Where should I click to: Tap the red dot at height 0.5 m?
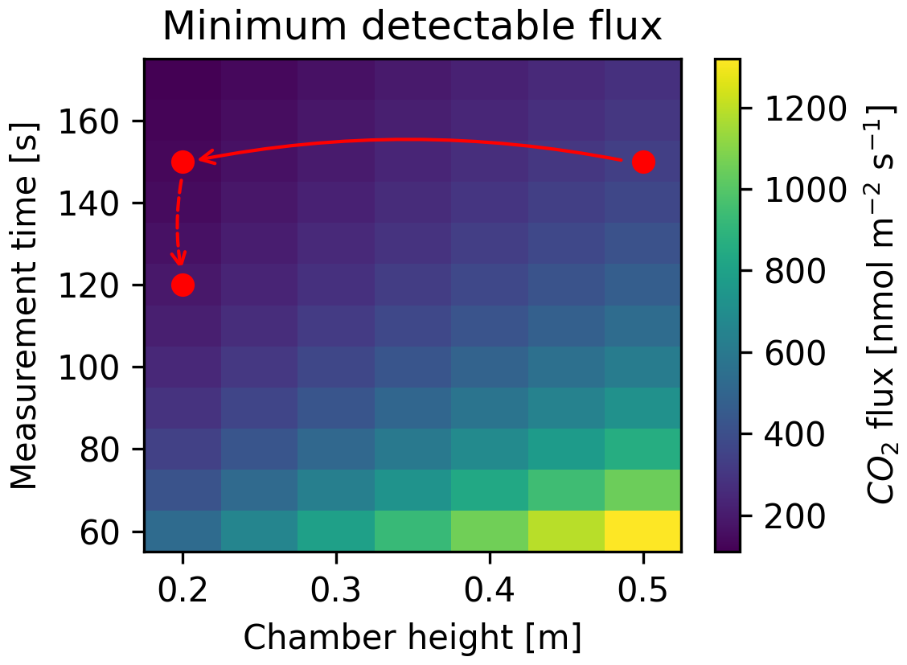tap(643, 162)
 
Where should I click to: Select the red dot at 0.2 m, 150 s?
tap(183, 162)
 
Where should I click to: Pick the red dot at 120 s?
tap(183, 285)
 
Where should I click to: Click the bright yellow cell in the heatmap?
tap(643, 532)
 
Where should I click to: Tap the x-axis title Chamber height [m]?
tap(412, 637)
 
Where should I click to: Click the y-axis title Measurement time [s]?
tap(26, 306)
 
